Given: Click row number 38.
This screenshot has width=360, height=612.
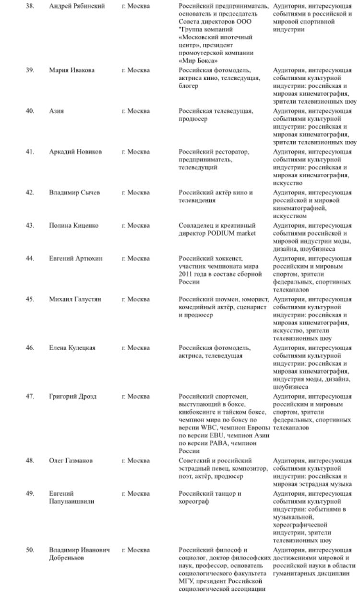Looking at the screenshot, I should coord(29,6).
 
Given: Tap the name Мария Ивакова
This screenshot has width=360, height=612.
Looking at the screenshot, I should coord(72,70).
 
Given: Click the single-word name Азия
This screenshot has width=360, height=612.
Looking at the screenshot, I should coord(57,111).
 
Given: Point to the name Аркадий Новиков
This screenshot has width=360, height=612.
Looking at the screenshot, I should coord(75,152).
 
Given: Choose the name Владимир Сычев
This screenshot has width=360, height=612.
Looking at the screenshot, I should coord(74,193).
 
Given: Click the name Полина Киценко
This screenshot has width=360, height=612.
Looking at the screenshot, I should coord(74,225).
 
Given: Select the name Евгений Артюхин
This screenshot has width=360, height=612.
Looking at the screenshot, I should coord(76,258).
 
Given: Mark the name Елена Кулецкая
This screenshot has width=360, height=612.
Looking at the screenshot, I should coord(73,348).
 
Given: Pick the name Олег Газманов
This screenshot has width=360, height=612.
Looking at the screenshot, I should coord(71,461).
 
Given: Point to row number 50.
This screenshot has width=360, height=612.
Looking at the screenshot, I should coord(29,550).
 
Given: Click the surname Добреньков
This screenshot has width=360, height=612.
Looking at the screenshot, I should coord(67,558).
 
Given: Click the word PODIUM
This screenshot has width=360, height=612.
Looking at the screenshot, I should coord(220,233).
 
